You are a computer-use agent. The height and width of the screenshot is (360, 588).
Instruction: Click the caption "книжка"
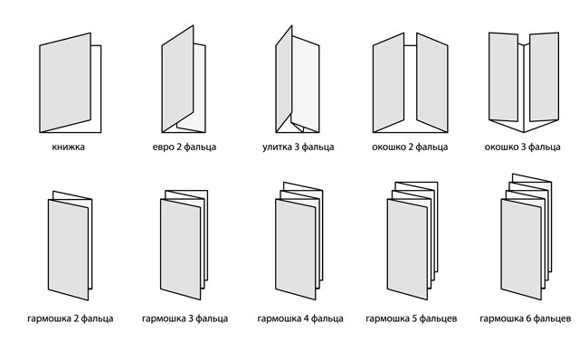pos(68,147)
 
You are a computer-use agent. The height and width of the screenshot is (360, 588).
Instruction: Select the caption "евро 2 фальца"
pos(185,147)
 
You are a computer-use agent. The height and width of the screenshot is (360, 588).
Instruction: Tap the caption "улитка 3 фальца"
pos(299,147)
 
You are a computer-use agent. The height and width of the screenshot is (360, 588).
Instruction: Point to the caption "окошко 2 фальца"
pos(410,147)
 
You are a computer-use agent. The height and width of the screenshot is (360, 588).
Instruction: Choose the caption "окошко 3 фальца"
pos(522,147)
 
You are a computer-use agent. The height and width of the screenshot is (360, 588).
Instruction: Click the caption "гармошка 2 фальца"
pos(71,318)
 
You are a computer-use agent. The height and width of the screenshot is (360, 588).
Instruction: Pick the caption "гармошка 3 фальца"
pos(185,318)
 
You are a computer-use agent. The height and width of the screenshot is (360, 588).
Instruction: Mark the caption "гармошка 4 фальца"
pos(300,318)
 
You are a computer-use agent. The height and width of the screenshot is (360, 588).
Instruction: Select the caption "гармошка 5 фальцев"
pos(412,318)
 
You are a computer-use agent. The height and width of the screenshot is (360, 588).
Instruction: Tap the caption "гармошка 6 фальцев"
pos(526,318)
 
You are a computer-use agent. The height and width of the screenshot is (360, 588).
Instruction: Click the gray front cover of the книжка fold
pos(65,82)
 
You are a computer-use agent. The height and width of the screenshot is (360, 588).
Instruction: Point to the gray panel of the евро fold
pos(177,79)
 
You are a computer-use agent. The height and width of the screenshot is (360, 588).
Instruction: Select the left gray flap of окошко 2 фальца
pos(388,82)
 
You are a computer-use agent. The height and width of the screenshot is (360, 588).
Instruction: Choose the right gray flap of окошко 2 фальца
pos(432,82)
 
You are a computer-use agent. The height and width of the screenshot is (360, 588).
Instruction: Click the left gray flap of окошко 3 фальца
pos(504,77)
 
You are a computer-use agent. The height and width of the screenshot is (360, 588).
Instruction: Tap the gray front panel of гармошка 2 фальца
pos(68,250)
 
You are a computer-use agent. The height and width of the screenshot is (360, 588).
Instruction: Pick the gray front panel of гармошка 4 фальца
pos(296,250)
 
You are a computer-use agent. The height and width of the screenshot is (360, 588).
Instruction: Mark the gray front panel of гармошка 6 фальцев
pos(521,250)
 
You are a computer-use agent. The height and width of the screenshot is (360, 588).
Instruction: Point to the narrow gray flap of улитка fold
pos(284,79)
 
